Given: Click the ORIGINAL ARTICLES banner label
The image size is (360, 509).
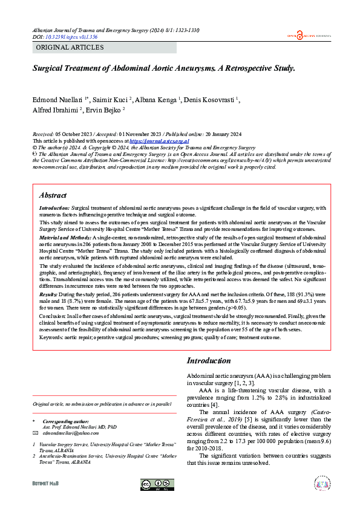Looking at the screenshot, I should point(70,47).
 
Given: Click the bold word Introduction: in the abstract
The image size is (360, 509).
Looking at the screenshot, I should point(55,207).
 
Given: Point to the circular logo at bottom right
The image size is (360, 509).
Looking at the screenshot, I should point(322,484).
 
